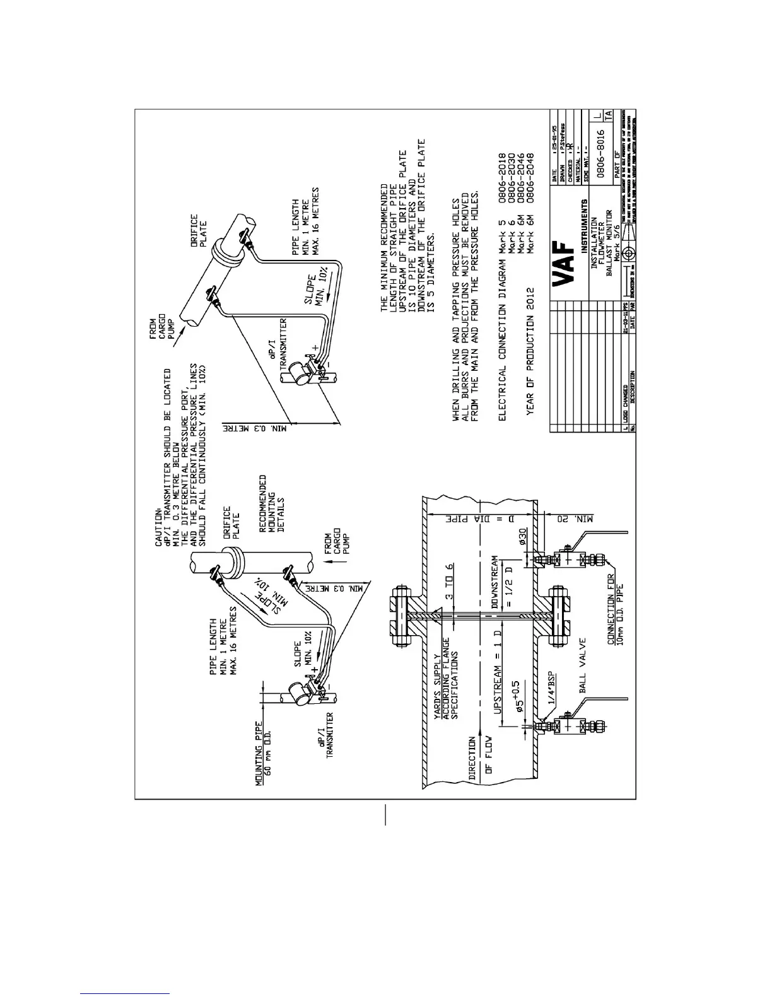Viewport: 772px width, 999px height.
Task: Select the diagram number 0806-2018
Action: click(x=503, y=178)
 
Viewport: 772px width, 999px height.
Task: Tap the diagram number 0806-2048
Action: click(x=530, y=178)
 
